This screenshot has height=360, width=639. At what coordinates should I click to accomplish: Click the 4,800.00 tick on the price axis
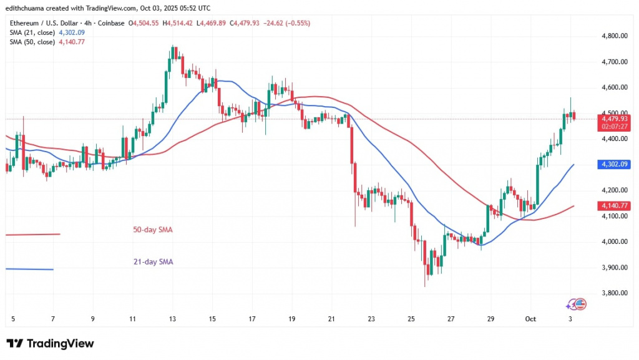tap(615, 36)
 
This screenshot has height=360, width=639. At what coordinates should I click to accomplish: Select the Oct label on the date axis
tap(530, 319)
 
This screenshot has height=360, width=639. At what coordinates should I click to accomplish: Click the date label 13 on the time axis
tap(172, 319)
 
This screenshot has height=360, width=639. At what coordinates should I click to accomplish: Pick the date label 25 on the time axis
tap(411, 319)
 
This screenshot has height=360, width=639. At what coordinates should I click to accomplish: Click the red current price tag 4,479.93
tap(615, 118)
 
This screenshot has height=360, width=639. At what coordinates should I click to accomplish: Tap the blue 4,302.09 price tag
tap(615, 165)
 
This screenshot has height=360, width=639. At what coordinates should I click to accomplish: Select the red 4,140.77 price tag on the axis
tap(615, 205)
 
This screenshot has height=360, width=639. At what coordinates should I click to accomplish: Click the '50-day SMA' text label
tap(153, 230)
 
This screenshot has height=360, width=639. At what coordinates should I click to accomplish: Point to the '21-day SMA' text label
tap(153, 262)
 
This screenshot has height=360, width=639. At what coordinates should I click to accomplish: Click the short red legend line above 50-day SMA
tap(32, 234)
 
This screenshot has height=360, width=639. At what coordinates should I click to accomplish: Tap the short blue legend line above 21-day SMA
tap(29, 269)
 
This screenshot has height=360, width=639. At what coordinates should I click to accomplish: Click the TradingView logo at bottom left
tap(50, 344)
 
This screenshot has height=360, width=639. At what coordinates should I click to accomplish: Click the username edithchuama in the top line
tap(27, 8)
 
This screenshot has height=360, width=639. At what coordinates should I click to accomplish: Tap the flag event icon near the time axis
tap(579, 304)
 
